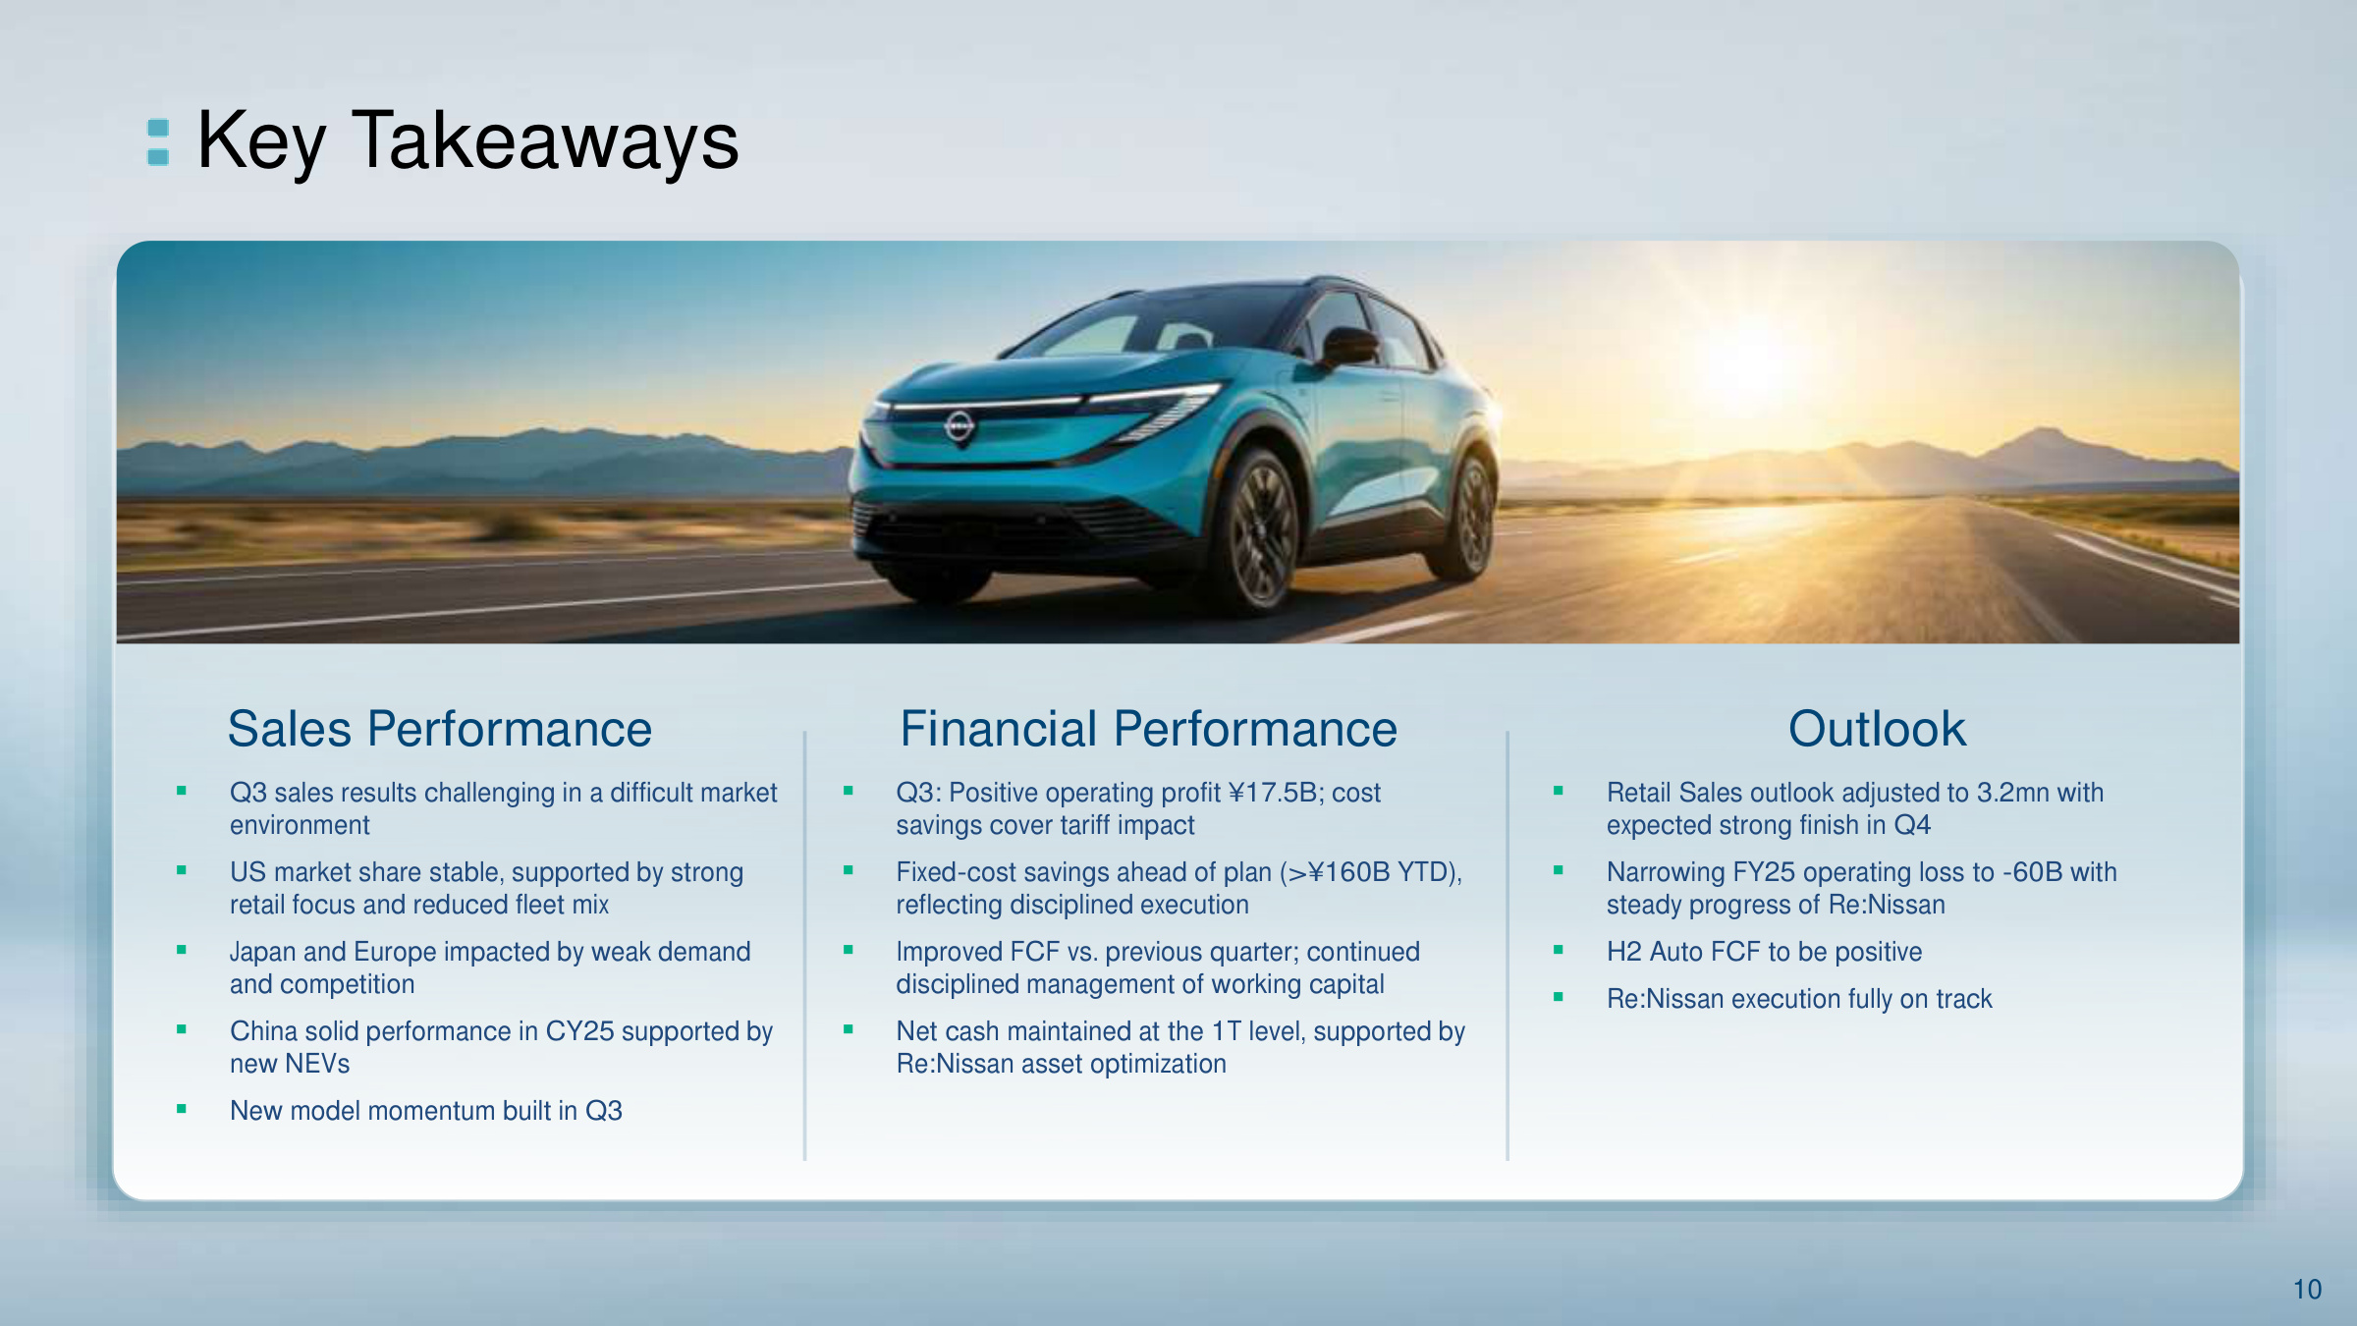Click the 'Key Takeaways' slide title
467,141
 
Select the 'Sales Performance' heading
440,729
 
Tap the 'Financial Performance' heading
1148,729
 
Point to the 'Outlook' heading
1877,729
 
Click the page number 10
2307,1289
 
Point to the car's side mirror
1349,345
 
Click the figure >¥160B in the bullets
1339,872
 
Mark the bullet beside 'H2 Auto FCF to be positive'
1558,950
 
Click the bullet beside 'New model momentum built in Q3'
182,1109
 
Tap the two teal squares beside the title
158,142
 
